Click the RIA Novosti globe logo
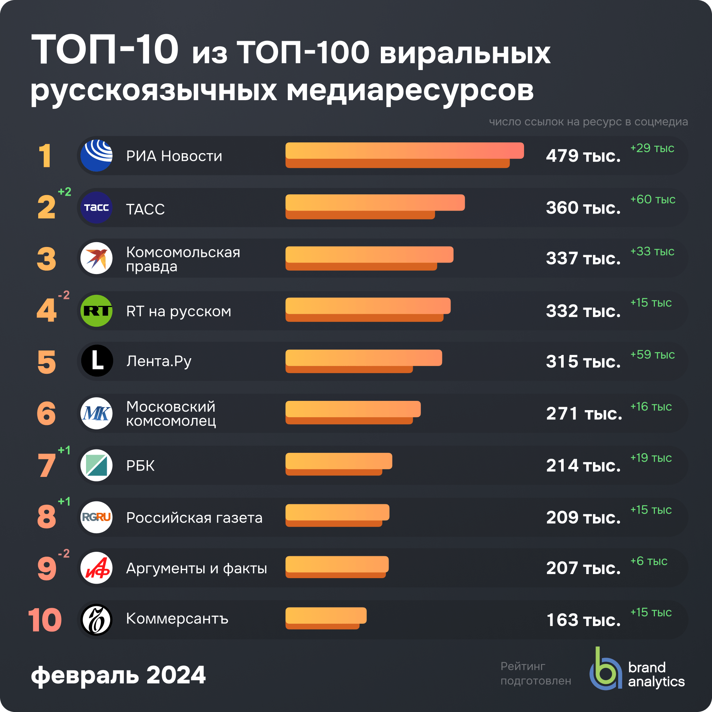point(96,156)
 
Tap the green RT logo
point(96,311)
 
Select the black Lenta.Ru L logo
point(97,361)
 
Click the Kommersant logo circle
point(96,620)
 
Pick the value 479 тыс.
point(583,156)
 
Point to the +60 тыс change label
point(653,200)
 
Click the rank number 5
point(47,362)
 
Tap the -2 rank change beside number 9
point(64,554)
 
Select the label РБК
point(140,466)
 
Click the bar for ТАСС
point(375,206)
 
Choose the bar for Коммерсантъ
point(326,618)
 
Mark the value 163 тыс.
point(583,620)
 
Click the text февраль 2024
point(118,675)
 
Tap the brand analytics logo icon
point(605,671)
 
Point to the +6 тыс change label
point(649,561)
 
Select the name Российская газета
point(194,518)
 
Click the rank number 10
point(45,620)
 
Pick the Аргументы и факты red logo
point(96,568)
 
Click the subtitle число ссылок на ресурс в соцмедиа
point(588,122)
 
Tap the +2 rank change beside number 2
point(65,192)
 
